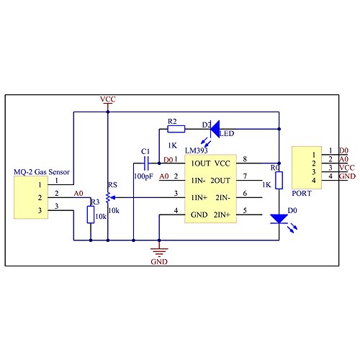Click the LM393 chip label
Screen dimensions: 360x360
tap(197, 150)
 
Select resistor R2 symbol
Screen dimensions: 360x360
tap(176, 129)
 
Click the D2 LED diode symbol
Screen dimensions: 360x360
tap(214, 129)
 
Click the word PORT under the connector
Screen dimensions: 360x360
tap(302, 193)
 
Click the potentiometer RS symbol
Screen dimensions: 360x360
tap(108, 196)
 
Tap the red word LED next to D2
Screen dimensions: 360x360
tap(227, 133)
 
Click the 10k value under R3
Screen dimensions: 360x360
tap(102, 217)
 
